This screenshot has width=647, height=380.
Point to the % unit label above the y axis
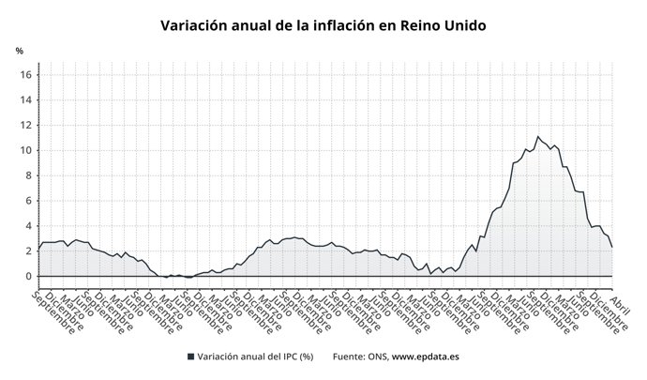tap(19, 50)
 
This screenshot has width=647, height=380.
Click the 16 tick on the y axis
tap(27, 75)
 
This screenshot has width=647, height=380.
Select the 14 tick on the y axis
tap(27, 100)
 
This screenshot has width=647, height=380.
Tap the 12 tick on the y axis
tap(27, 125)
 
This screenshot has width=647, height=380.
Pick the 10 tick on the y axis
tap(27, 150)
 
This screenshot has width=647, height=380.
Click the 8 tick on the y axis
tap(30, 175)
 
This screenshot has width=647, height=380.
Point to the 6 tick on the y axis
tap(30, 201)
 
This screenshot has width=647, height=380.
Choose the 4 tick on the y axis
tap(30, 226)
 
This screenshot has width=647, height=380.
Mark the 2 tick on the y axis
tap(30, 251)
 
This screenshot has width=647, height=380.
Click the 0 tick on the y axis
tap(30, 276)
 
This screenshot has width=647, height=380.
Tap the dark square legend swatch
tap(190, 357)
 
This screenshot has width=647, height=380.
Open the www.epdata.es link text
tap(425, 357)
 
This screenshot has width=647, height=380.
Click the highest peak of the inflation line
tap(537, 137)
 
